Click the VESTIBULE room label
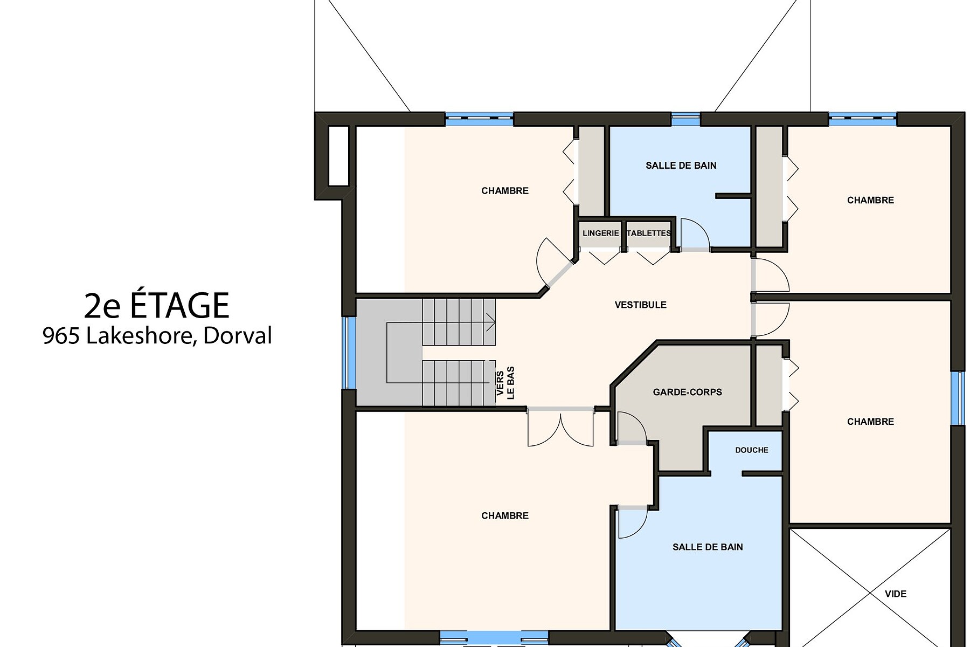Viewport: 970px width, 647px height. (x=640, y=305)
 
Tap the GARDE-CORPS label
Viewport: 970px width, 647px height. (x=687, y=393)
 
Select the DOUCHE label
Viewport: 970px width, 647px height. (x=752, y=450)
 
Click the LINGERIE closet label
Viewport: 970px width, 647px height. (x=600, y=233)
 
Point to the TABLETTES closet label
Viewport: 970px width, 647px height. (x=649, y=233)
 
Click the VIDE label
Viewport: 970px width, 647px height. (x=896, y=594)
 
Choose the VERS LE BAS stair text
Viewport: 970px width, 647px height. (x=505, y=383)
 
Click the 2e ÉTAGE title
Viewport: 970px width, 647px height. (x=157, y=306)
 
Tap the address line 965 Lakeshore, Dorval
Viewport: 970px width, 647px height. (x=157, y=336)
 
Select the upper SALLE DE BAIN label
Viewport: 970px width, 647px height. (x=681, y=166)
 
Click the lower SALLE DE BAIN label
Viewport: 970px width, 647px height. (x=708, y=547)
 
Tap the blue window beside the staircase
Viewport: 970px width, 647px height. (x=350, y=353)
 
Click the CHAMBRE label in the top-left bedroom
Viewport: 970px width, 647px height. (x=505, y=191)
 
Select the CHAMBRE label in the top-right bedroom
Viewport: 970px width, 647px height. (x=870, y=201)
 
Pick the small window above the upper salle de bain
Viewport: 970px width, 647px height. (x=685, y=119)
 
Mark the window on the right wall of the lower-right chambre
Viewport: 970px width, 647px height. (x=958, y=398)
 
